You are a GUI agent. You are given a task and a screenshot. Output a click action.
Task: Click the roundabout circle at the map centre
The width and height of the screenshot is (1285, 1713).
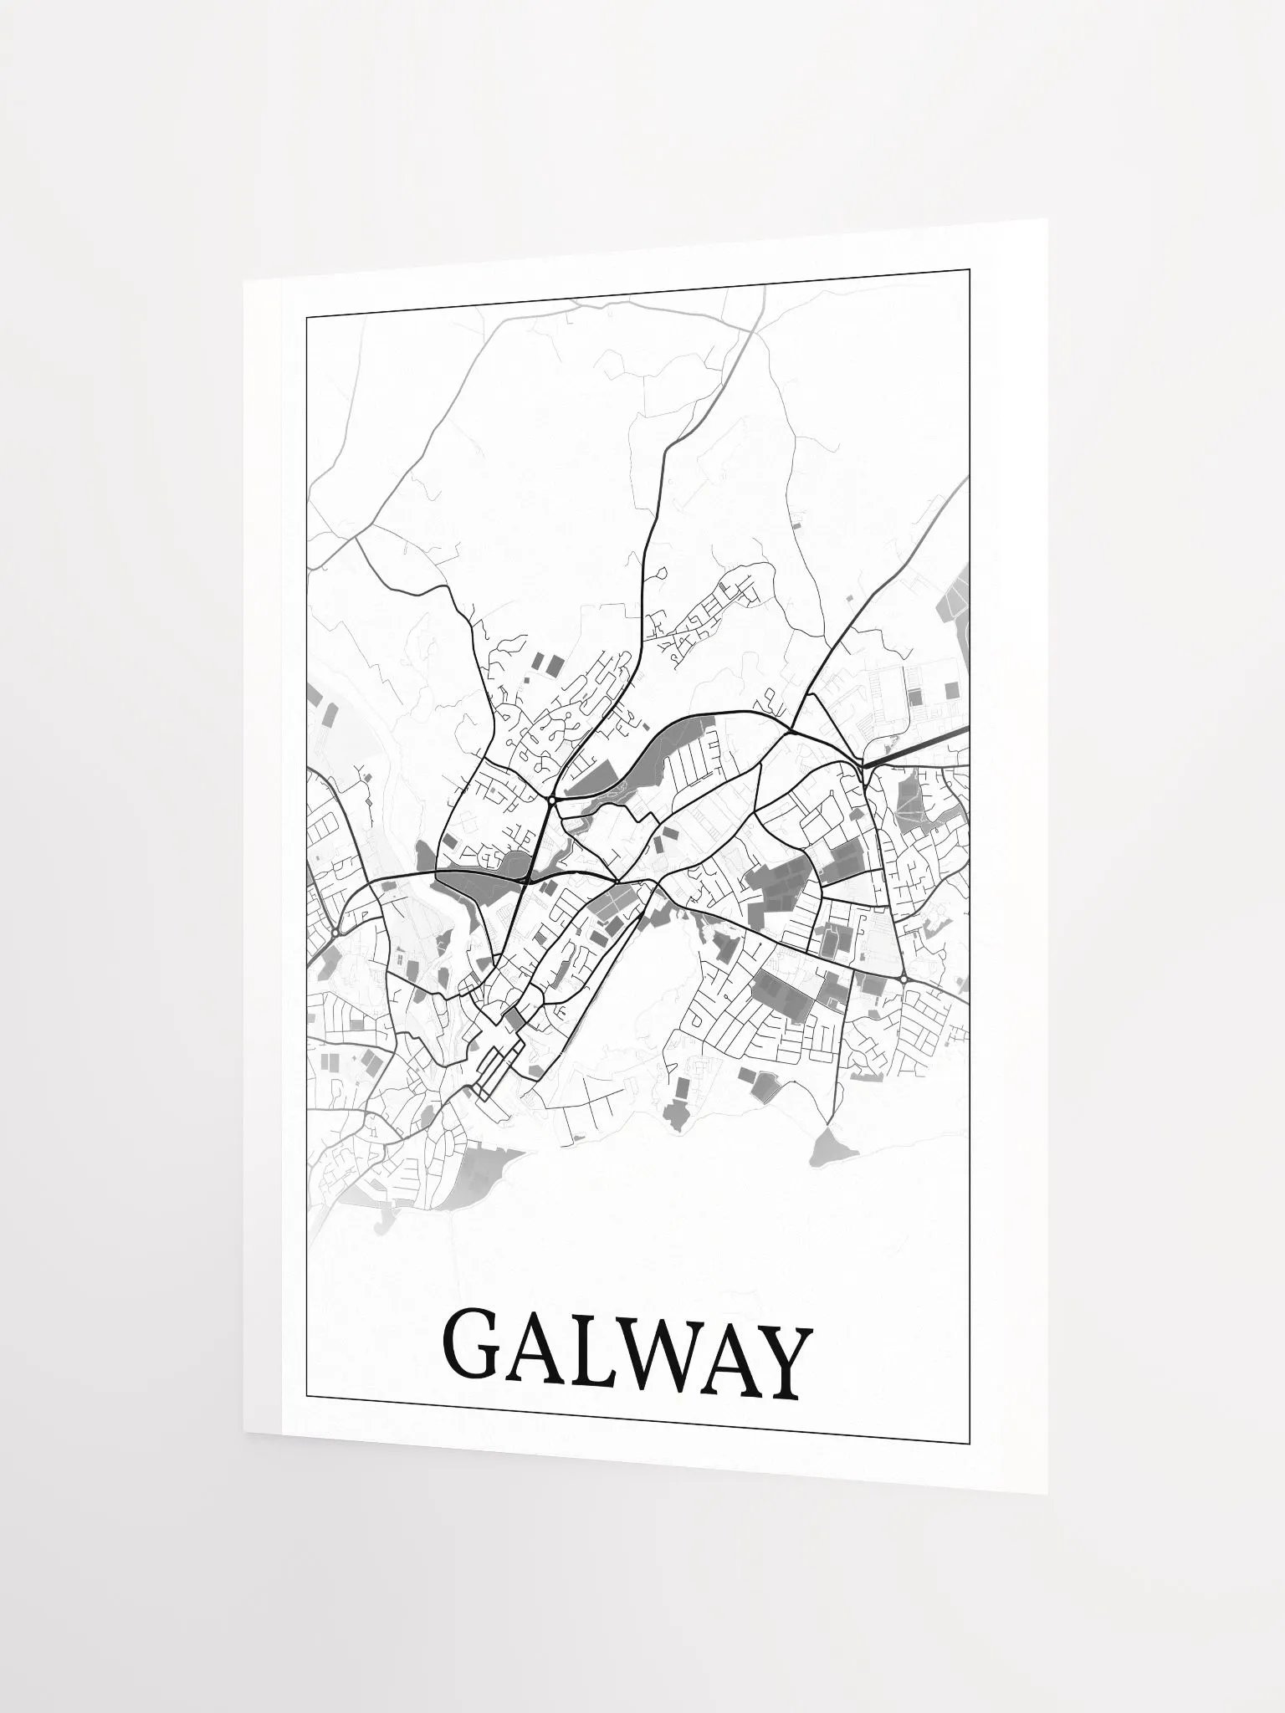pyautogui.click(x=553, y=800)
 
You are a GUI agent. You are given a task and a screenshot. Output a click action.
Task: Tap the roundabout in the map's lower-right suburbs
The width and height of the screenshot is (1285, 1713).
pyautogui.click(x=904, y=979)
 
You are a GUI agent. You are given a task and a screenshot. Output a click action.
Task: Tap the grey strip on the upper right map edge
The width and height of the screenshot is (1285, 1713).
pyautogui.click(x=959, y=595)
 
